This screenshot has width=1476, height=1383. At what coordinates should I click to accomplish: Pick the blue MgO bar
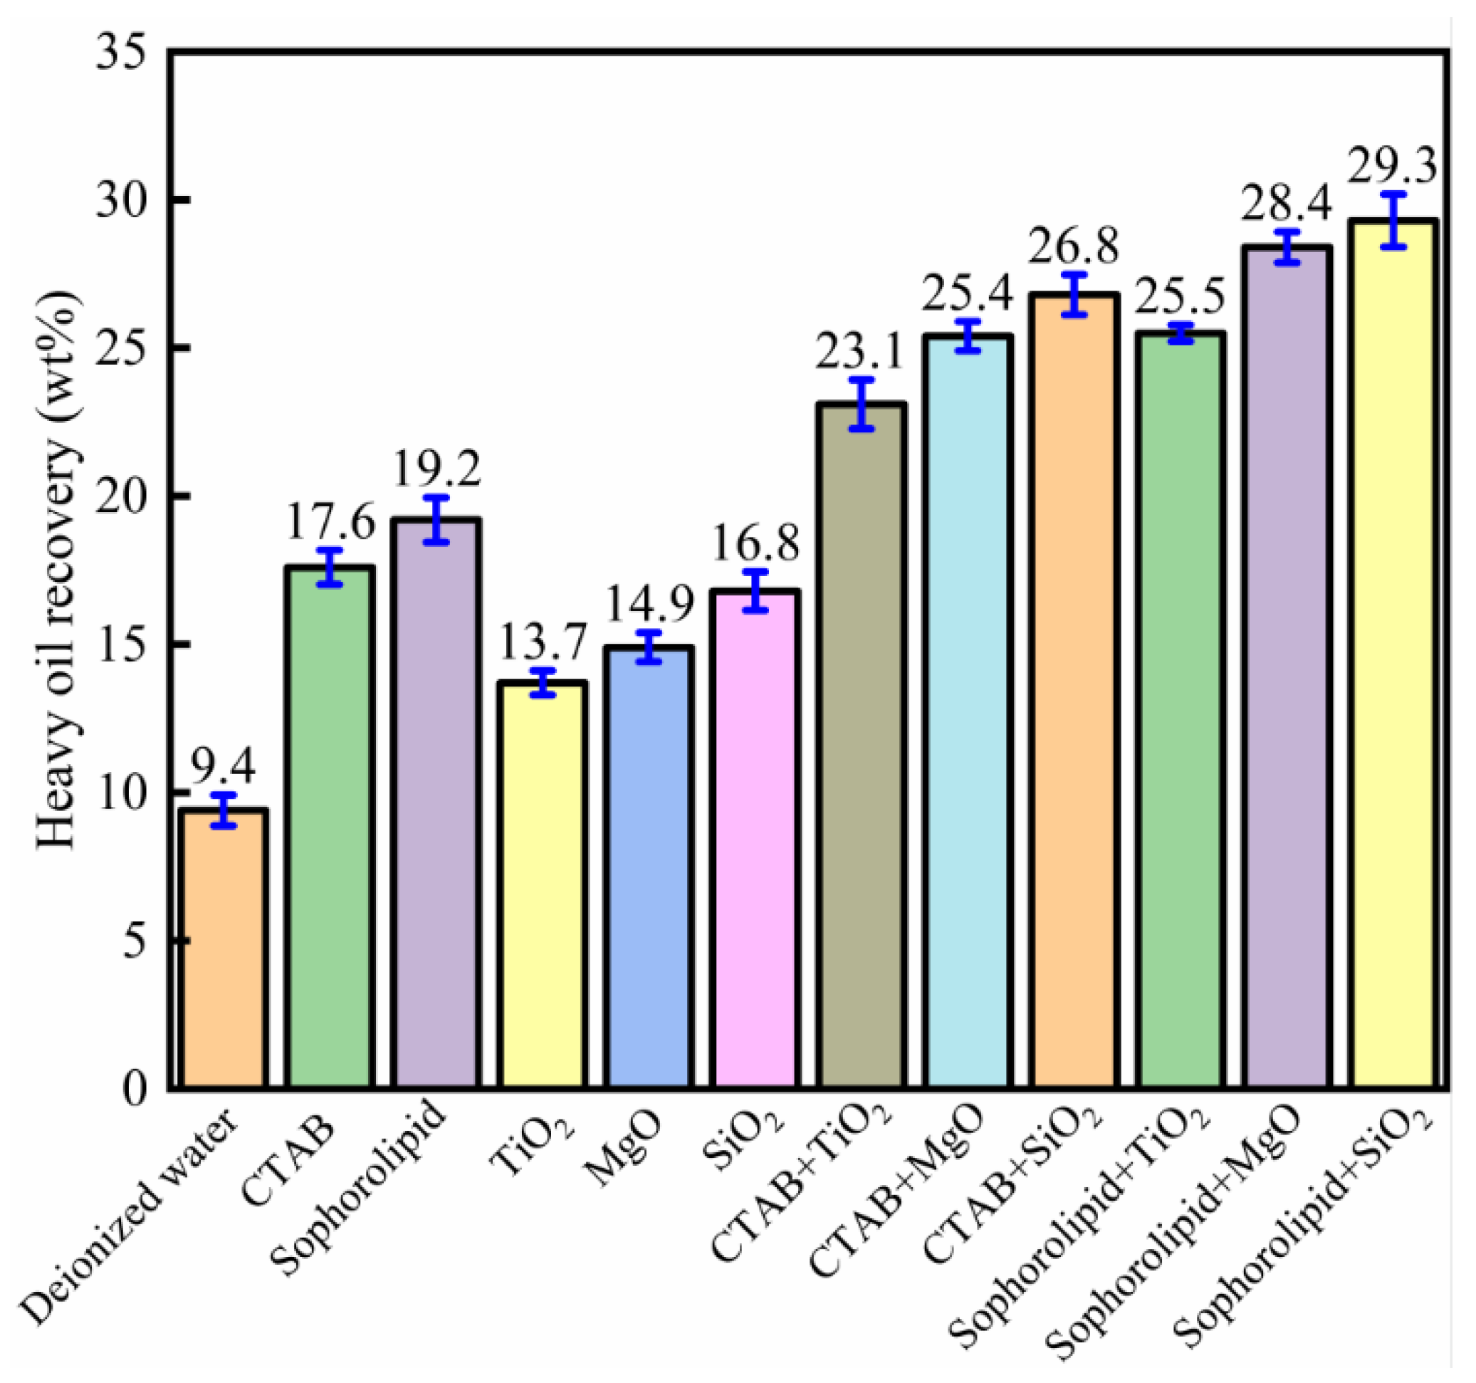pyautogui.click(x=648, y=869)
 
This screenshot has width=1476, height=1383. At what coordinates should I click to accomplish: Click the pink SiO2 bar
pyautogui.click(x=754, y=840)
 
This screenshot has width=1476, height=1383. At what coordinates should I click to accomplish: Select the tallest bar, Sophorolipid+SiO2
pyautogui.click(x=1393, y=654)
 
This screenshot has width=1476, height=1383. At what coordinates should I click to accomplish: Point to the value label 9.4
pyautogui.click(x=224, y=767)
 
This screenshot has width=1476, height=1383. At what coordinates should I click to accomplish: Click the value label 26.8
pyautogui.click(x=1074, y=246)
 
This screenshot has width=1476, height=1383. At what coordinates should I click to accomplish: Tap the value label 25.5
pyautogui.click(x=1180, y=296)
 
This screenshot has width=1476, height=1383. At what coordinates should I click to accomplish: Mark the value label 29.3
pyautogui.click(x=1392, y=168)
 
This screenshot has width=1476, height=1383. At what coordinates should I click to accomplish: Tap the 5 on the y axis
pyautogui.click(x=134, y=941)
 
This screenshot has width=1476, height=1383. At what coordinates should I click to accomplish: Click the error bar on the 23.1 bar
pyautogui.click(x=862, y=404)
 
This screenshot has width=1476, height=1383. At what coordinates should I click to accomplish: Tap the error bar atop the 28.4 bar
pyautogui.click(x=1287, y=247)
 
